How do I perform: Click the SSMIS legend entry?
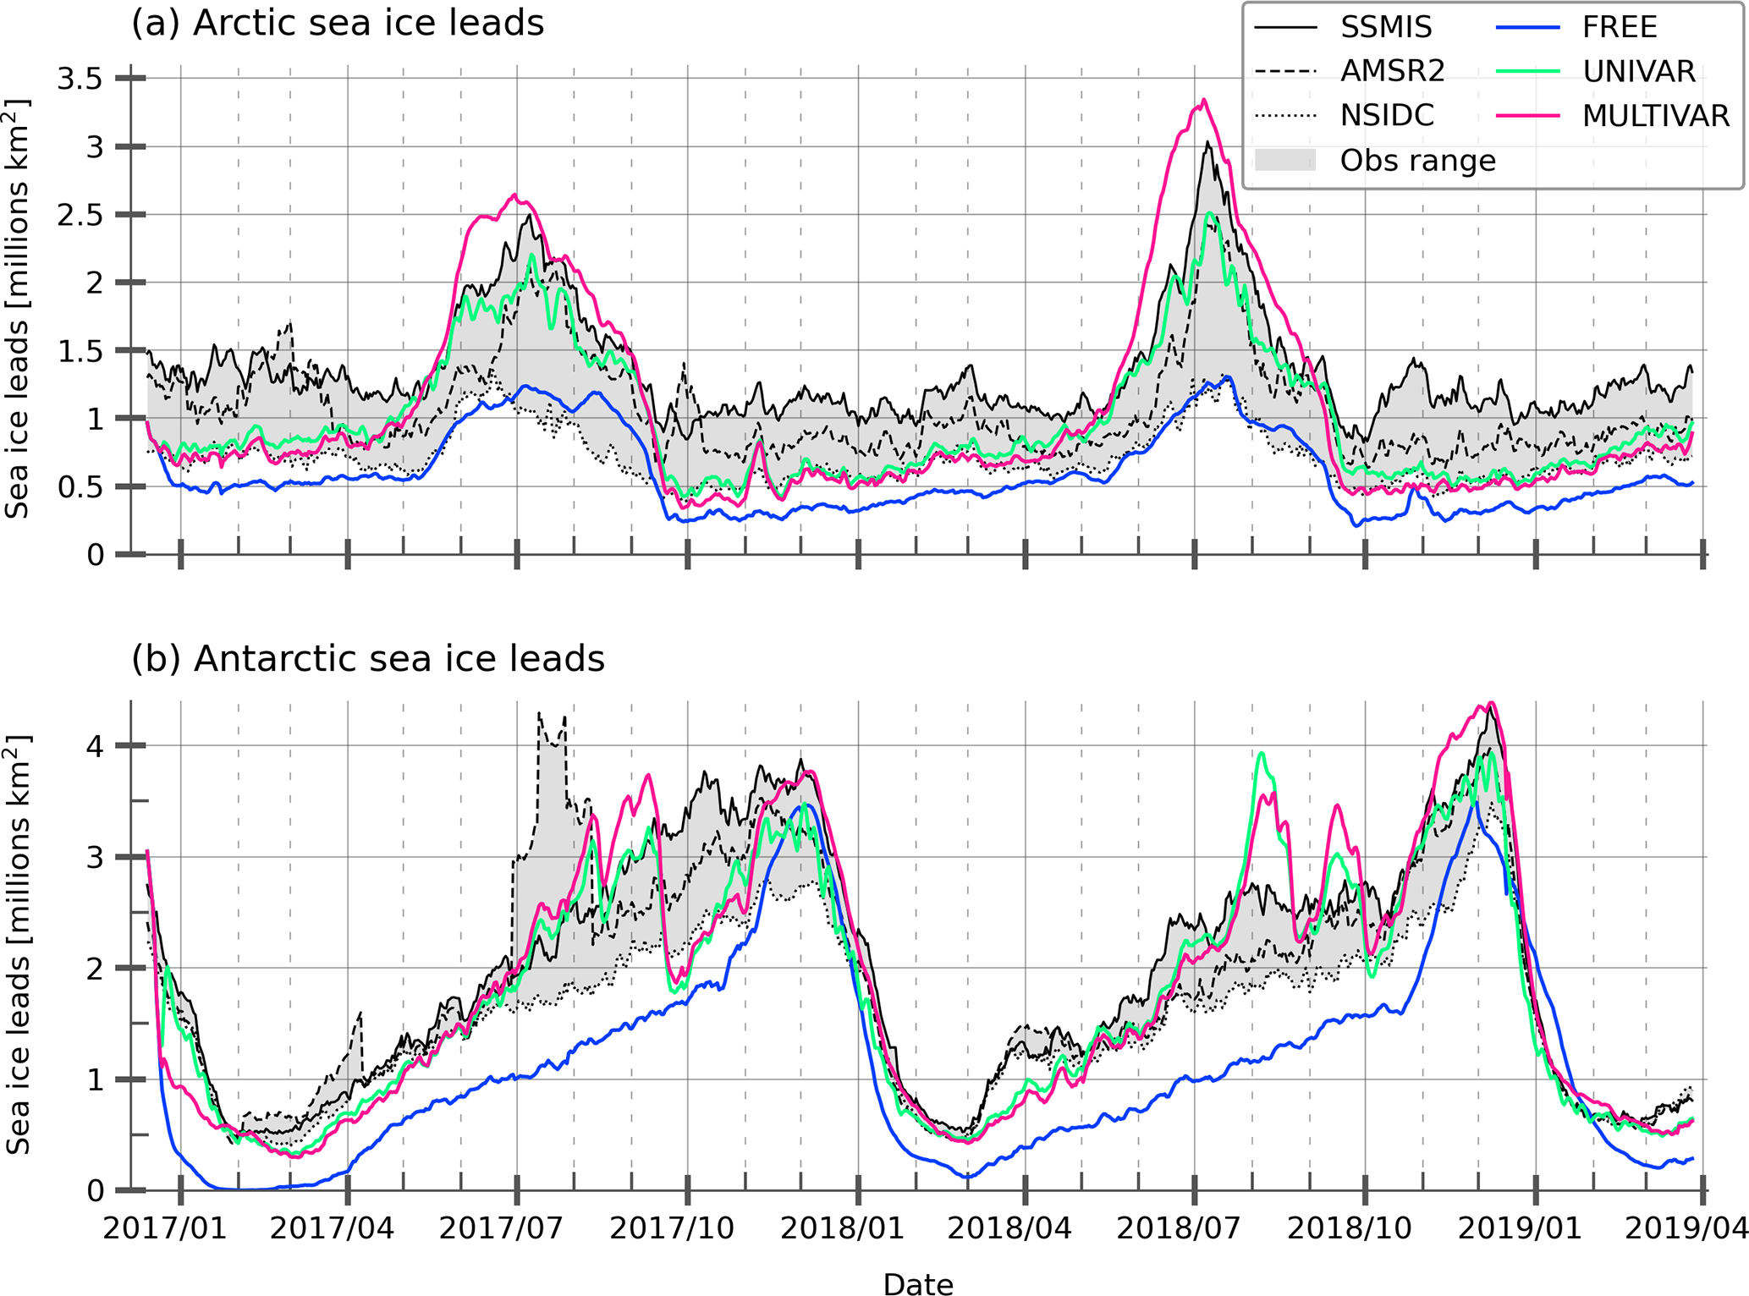click(x=1386, y=27)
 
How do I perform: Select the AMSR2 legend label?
click(x=1392, y=71)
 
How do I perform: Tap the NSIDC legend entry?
click(x=1387, y=115)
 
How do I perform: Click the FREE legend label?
click(x=1620, y=27)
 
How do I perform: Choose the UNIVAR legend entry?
click(x=1639, y=71)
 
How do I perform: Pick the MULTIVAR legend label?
click(x=1656, y=115)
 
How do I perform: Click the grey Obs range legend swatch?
click(x=1285, y=160)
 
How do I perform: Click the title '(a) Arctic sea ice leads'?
click(x=338, y=23)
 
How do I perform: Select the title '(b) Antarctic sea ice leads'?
click(x=368, y=658)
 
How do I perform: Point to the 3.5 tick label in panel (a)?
click(x=80, y=79)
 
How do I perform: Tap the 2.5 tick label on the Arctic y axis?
click(x=80, y=215)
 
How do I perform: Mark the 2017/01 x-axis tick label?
click(x=165, y=1228)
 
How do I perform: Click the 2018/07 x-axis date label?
click(x=1179, y=1228)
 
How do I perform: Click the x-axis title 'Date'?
click(x=918, y=1284)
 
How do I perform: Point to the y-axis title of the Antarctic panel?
click(x=19, y=945)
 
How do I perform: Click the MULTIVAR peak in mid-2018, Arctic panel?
click(x=1203, y=101)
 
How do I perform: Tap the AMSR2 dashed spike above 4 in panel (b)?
click(x=540, y=715)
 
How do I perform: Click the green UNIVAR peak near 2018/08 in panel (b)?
click(x=1262, y=753)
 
